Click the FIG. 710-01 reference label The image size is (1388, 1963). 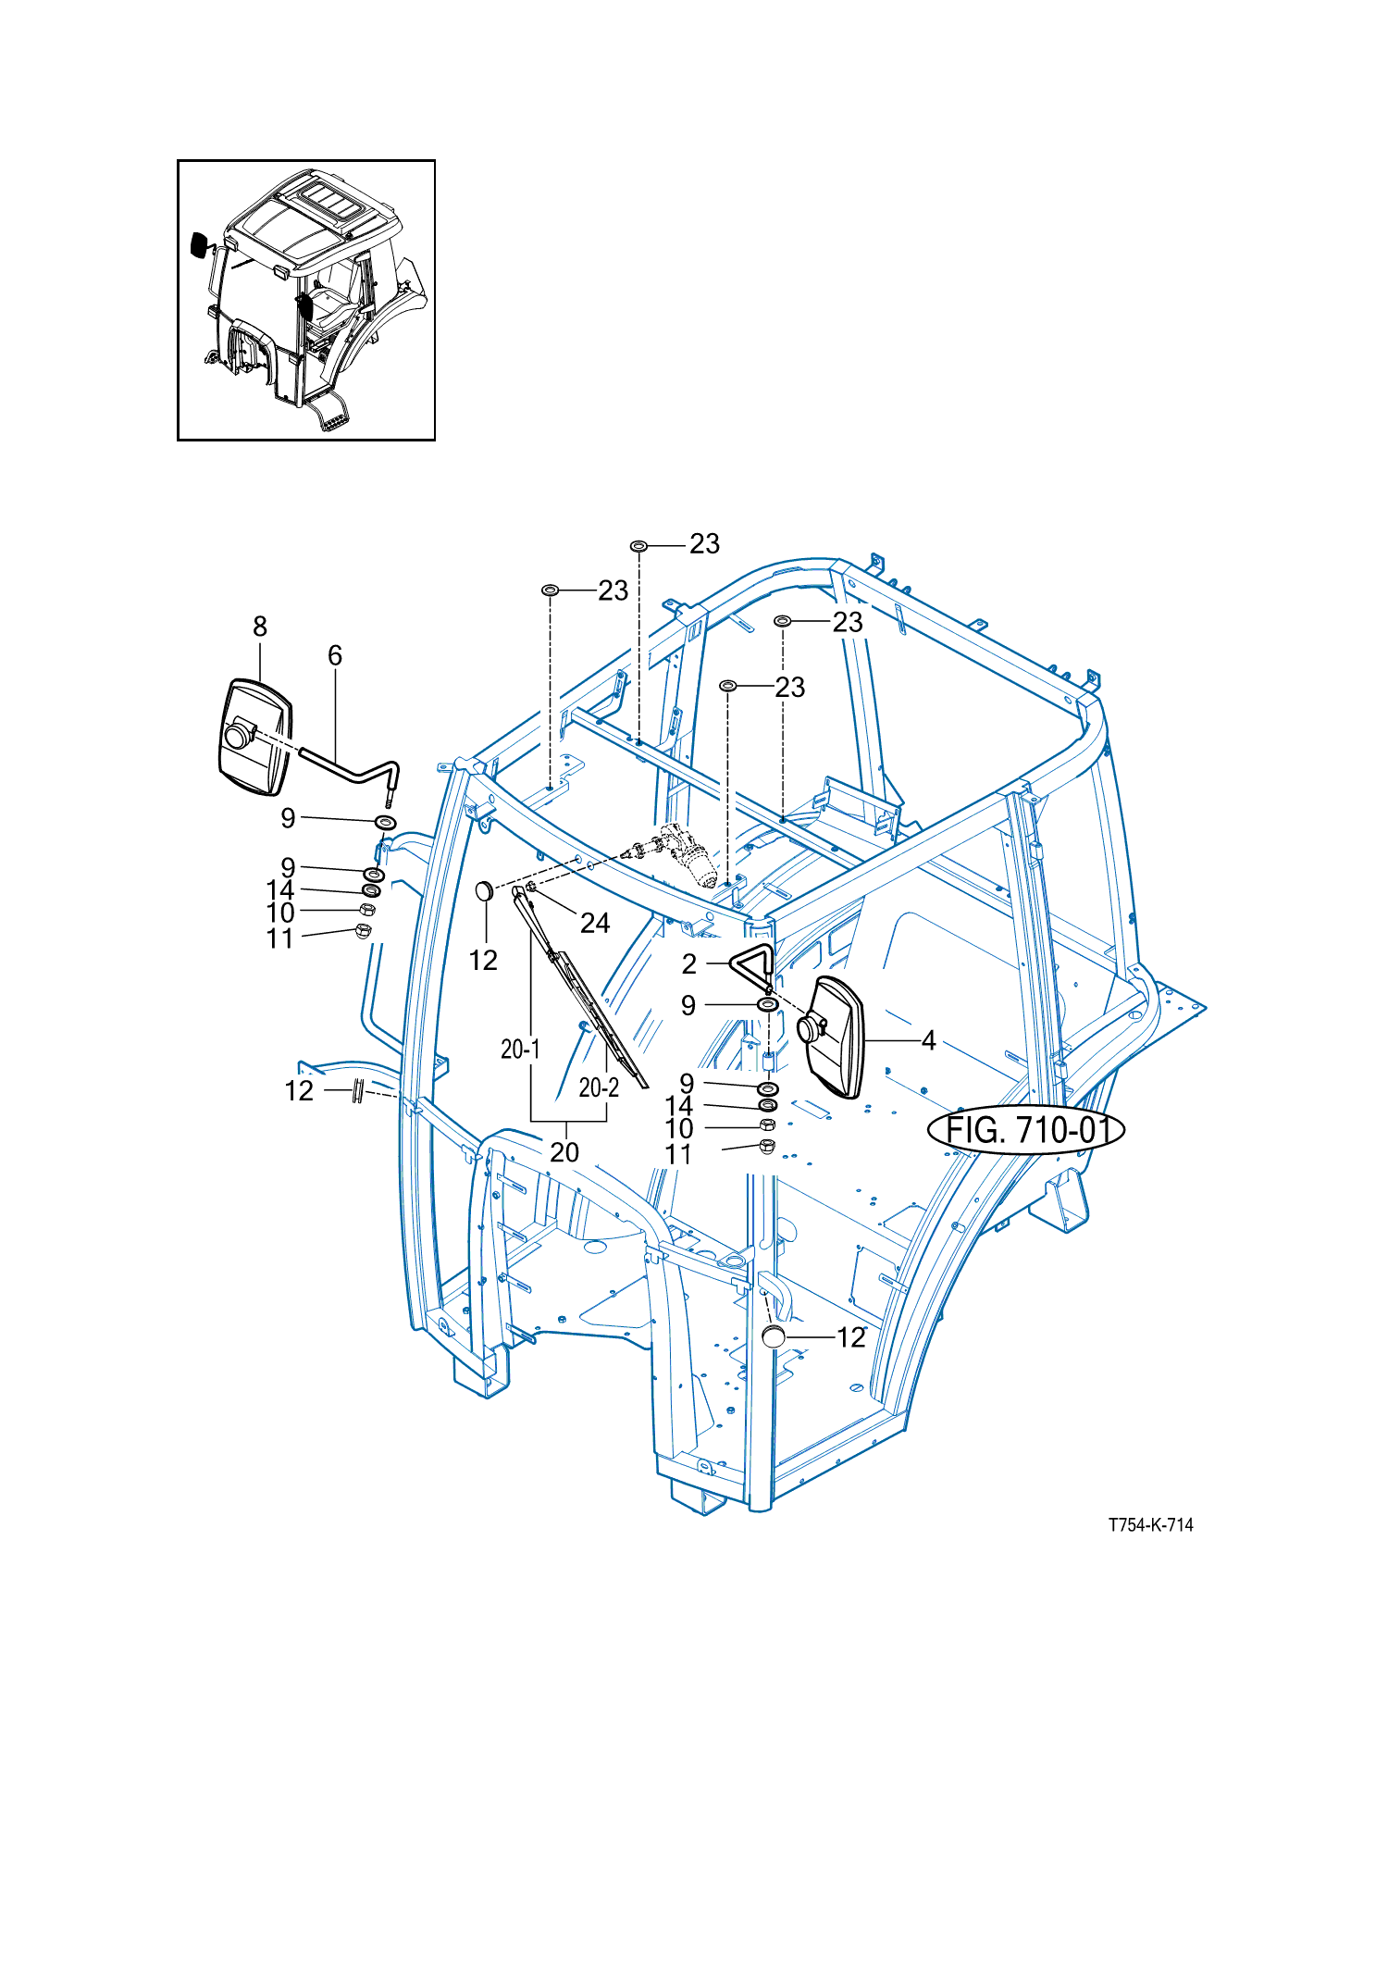tap(1026, 1130)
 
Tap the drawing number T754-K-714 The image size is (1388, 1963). tap(1151, 1525)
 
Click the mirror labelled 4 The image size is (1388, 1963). tap(831, 1037)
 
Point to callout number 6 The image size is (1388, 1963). tap(335, 655)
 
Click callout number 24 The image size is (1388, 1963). tap(595, 923)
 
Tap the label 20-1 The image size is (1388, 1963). tap(520, 1049)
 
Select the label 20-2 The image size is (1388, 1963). tap(599, 1087)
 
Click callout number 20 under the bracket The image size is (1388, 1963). tap(564, 1151)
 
